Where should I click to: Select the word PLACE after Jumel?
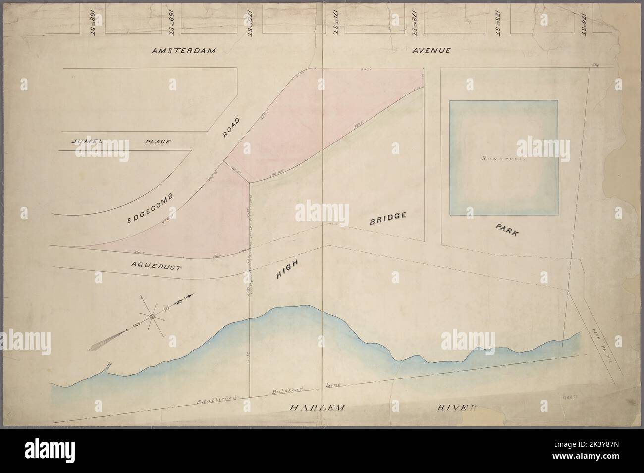coord(158,142)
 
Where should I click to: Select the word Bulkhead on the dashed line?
coord(281,390)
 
